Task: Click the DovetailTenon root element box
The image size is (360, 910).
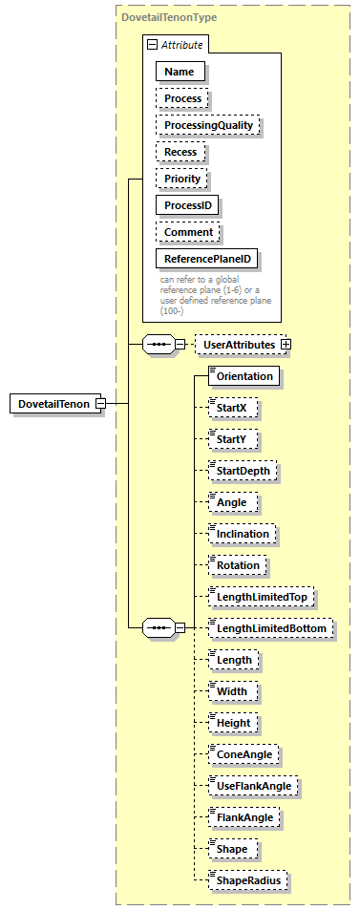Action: click(53, 404)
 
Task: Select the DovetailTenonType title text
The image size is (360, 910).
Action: click(167, 17)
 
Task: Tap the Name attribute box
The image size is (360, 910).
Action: click(180, 71)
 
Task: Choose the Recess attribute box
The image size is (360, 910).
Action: click(180, 152)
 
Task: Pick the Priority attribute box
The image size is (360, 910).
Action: click(181, 179)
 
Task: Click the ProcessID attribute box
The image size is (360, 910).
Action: click(187, 205)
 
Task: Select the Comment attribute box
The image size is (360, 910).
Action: click(188, 232)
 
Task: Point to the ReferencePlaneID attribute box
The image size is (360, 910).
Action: click(206, 259)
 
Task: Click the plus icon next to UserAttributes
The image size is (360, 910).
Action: click(286, 344)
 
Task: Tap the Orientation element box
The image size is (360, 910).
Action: click(245, 376)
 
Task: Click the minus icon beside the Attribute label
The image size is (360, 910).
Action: click(150, 45)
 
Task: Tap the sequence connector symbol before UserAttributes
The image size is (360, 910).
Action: click(158, 344)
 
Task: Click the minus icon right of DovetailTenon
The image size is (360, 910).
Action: click(98, 404)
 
